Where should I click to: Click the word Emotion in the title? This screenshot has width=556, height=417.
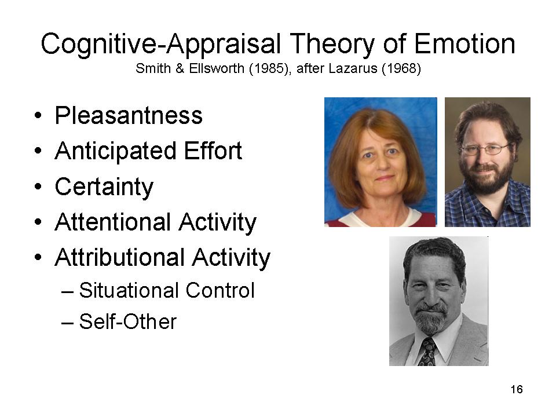[464, 43]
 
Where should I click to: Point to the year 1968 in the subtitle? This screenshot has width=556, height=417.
[401, 68]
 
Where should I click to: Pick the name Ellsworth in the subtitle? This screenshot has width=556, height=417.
[216, 68]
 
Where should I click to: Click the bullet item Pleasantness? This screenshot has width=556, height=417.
[129, 115]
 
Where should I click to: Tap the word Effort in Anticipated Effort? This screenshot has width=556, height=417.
[213, 151]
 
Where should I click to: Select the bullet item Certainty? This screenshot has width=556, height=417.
[104, 187]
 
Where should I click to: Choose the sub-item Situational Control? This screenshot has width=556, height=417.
[167, 290]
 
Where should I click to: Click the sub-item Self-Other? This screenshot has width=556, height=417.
[127, 321]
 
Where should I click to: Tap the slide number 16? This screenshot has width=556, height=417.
[517, 389]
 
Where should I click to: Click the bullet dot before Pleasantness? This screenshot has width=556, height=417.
[38, 116]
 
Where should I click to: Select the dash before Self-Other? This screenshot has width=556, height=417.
[67, 323]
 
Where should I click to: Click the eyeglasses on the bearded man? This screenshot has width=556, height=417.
[485, 149]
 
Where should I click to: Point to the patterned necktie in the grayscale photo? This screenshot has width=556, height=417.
[428, 352]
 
